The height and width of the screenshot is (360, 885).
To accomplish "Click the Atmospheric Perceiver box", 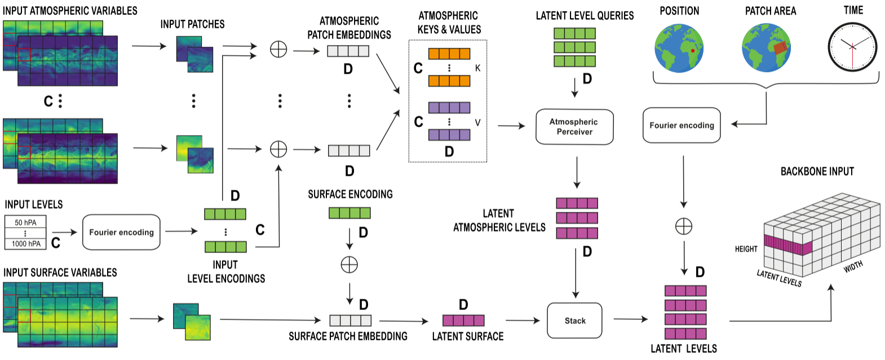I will point(574,127).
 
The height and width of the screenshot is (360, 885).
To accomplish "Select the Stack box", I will point(574,321).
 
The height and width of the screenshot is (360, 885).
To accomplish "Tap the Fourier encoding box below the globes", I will point(682,125).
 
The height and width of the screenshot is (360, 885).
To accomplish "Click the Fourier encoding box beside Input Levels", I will point(121,232).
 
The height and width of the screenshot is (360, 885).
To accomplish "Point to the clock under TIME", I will point(852,47).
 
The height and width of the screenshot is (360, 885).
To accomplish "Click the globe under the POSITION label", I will point(679,48).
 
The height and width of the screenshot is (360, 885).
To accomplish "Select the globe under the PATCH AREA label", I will point(766,48).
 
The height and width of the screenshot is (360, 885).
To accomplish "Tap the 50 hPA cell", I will point(25,223).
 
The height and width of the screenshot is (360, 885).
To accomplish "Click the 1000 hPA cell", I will point(26,243).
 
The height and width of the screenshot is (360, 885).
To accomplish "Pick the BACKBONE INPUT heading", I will point(817,171).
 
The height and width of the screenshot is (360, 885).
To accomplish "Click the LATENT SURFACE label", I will point(467,336).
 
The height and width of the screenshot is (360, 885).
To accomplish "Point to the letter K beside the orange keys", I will point(477,68).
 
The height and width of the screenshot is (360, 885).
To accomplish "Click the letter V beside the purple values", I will point(477,122).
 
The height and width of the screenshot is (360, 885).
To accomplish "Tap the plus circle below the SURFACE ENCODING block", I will point(349,264).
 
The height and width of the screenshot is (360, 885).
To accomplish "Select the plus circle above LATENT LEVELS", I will point(683,226).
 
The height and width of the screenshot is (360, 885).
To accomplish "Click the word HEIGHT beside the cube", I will point(746,249).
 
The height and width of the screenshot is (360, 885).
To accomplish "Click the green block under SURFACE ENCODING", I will point(349,213).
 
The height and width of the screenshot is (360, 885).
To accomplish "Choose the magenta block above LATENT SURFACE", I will point(463,321).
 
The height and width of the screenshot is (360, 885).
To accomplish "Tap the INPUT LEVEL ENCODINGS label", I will point(225,272).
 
